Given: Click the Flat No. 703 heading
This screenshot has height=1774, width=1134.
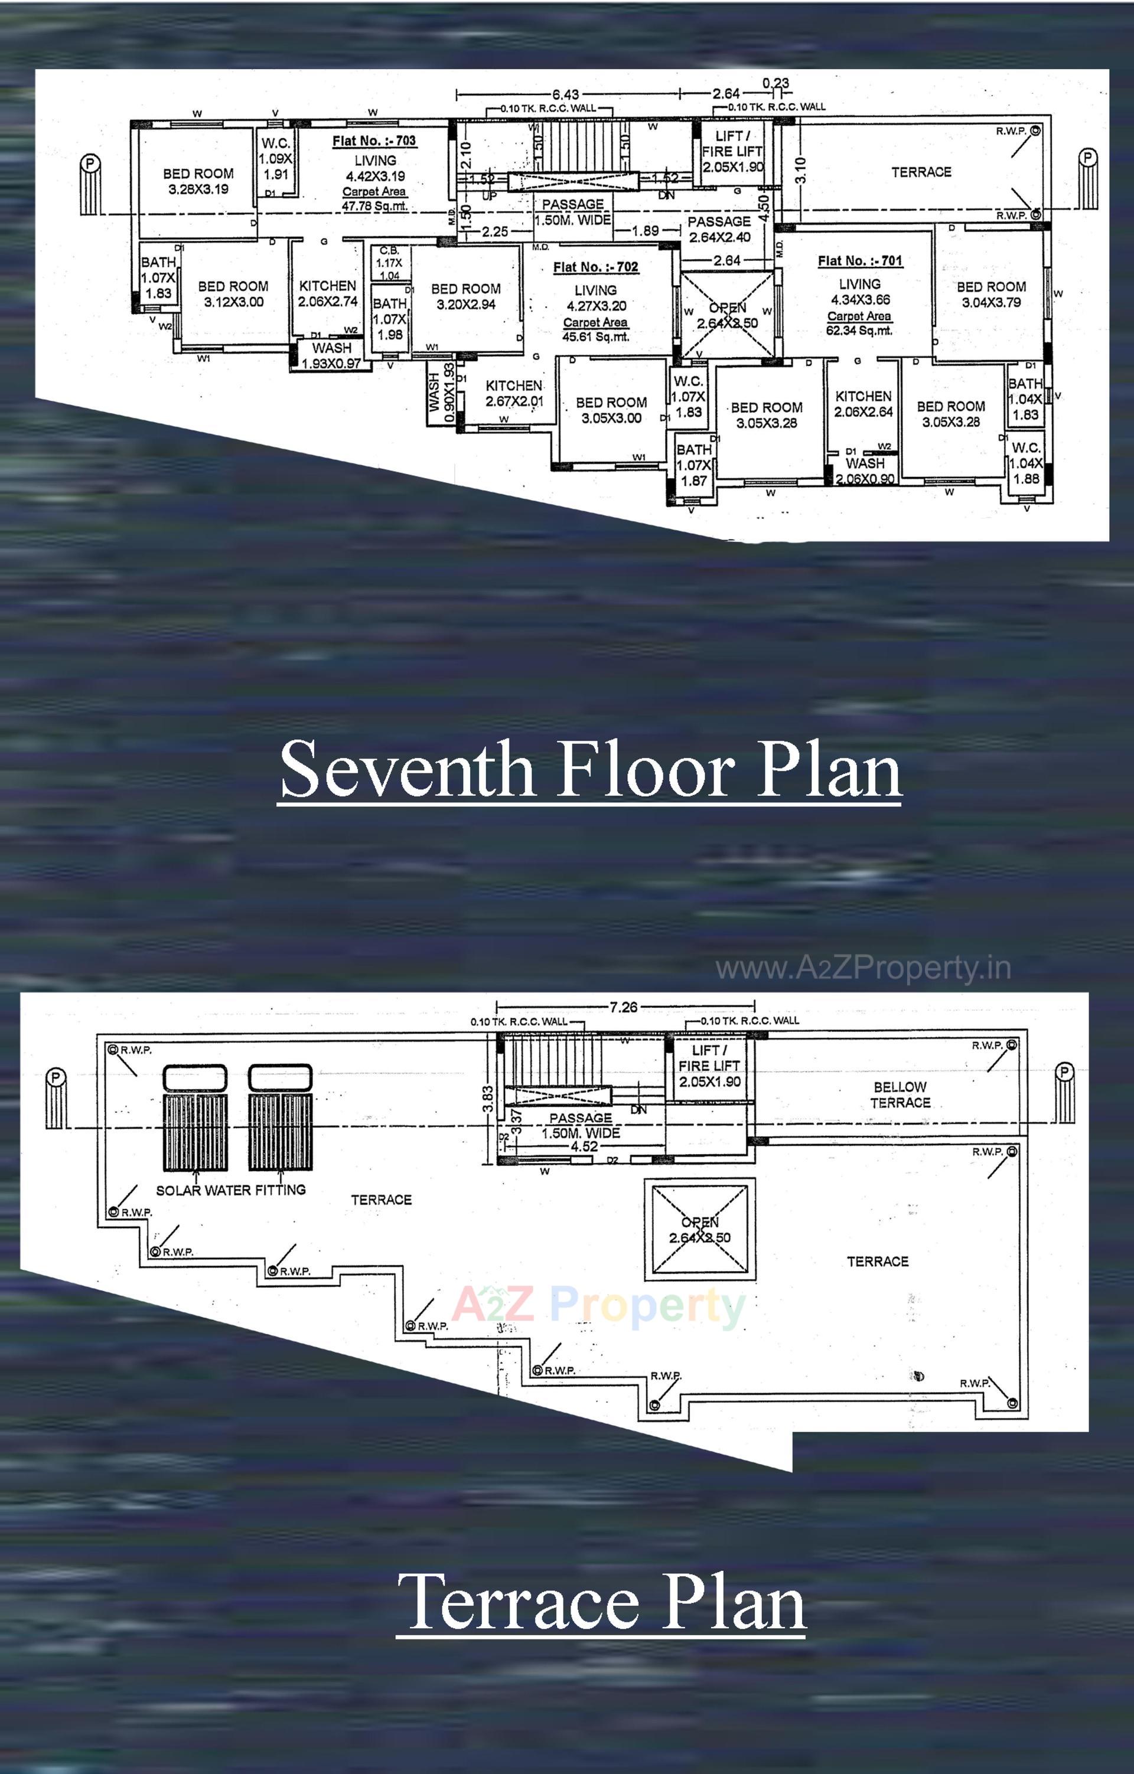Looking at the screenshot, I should (x=374, y=141).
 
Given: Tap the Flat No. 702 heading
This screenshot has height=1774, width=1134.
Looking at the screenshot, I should (x=595, y=267).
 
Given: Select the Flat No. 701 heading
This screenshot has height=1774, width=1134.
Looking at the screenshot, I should (x=859, y=260).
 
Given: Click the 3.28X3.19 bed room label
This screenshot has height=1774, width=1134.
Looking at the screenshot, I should (x=198, y=181).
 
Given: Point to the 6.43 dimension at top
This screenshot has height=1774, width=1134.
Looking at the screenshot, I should (x=565, y=94).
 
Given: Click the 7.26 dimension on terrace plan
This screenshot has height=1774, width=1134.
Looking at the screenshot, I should (x=623, y=1007).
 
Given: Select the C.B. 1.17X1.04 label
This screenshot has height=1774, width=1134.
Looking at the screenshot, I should (x=389, y=263).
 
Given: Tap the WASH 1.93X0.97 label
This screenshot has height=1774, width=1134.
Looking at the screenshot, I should (x=331, y=355).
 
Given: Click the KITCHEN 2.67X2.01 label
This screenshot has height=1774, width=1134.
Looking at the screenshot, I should (x=514, y=393).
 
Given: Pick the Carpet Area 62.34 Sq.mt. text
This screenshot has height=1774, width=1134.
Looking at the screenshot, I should (x=859, y=324).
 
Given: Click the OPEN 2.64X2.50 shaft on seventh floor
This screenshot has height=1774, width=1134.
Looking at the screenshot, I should (x=727, y=315).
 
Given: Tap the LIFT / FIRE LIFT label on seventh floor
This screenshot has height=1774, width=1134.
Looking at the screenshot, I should (x=732, y=151).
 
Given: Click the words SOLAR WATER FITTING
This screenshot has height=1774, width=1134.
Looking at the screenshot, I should (x=230, y=1190).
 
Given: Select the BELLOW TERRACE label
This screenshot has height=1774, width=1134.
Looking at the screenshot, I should (x=900, y=1095).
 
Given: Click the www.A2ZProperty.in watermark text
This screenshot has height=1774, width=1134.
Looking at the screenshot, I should (x=863, y=968).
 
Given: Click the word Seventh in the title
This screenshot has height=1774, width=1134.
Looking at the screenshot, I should (x=407, y=770).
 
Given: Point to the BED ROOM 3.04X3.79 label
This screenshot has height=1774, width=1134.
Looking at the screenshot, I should (x=991, y=294).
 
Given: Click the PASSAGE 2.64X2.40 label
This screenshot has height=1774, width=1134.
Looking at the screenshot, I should (x=719, y=229).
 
